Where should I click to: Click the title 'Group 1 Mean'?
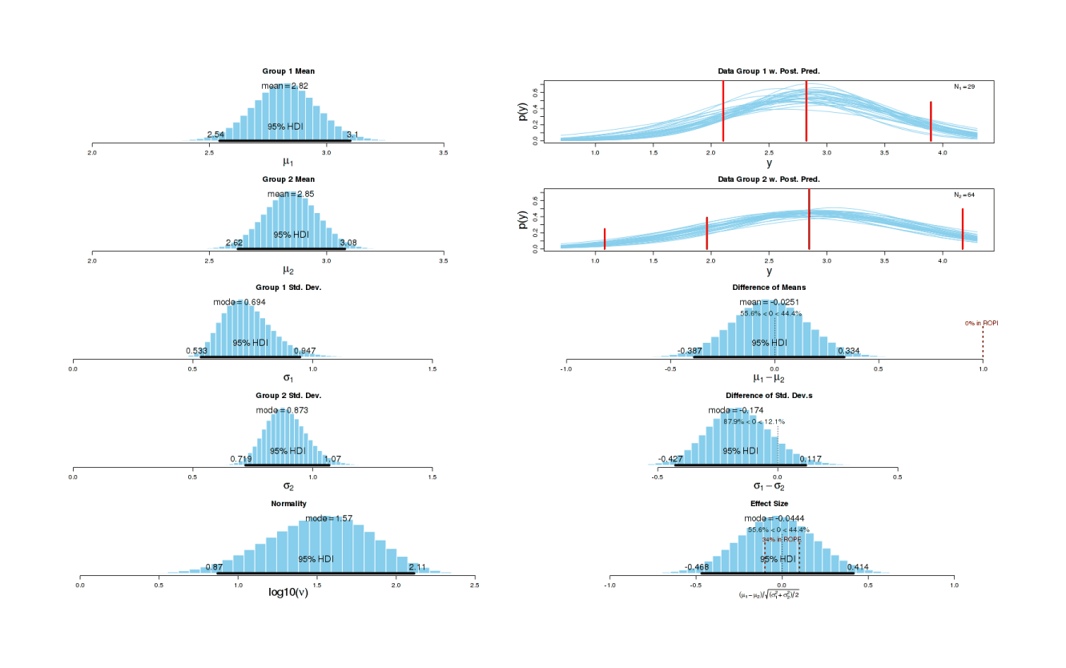288,71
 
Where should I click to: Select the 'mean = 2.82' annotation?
284,86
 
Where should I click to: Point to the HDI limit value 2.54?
215,135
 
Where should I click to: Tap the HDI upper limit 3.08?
348,243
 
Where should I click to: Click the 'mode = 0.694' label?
239,302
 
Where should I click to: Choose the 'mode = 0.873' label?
282,410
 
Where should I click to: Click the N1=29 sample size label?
963,86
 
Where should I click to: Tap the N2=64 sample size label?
963,194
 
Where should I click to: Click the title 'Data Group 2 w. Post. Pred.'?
768,179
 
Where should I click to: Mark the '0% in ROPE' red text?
981,324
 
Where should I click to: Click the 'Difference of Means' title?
768,287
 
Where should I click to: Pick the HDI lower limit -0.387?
690,351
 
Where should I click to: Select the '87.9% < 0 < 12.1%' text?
754,421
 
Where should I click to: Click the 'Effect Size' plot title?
768,504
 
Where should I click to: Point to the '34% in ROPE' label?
781,540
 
